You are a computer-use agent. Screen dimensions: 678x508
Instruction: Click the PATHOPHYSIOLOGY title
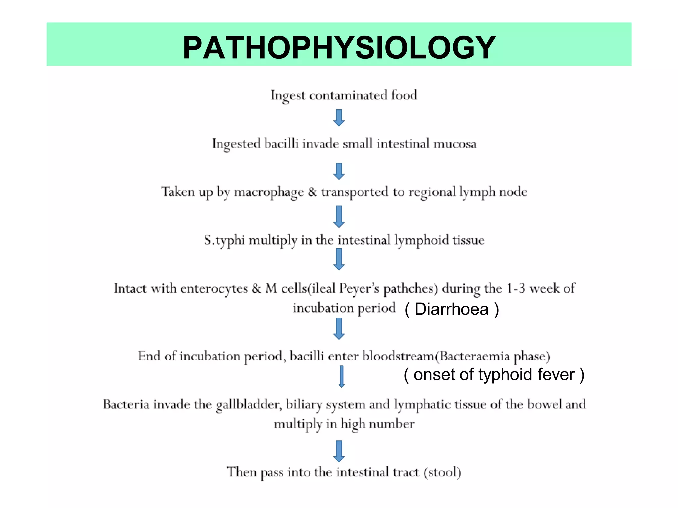pyautogui.click(x=339, y=48)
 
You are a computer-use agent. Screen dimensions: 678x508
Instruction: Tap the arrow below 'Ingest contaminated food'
pyautogui.click(x=339, y=118)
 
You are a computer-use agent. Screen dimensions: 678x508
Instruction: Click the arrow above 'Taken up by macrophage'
pyautogui.click(x=339, y=171)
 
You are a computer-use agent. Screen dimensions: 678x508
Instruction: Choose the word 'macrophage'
pyautogui.click(x=269, y=192)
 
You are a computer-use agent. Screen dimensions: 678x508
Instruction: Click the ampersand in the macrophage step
pyautogui.click(x=312, y=192)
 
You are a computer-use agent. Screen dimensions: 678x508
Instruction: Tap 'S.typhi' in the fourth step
pyautogui.click(x=224, y=240)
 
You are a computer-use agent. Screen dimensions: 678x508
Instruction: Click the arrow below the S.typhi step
pyautogui.click(x=339, y=260)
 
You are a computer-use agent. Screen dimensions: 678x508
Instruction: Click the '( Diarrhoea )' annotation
pyautogui.click(x=452, y=309)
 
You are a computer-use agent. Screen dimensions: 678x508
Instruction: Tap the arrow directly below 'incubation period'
pyautogui.click(x=339, y=329)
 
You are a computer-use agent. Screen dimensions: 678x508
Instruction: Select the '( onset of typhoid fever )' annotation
pyautogui.click(x=494, y=375)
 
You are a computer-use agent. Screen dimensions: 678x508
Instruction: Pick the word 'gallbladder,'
pyautogui.click(x=249, y=404)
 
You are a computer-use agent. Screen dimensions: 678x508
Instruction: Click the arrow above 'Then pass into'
pyautogui.click(x=339, y=451)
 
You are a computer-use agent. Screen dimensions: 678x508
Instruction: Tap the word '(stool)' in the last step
pyautogui.click(x=442, y=472)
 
